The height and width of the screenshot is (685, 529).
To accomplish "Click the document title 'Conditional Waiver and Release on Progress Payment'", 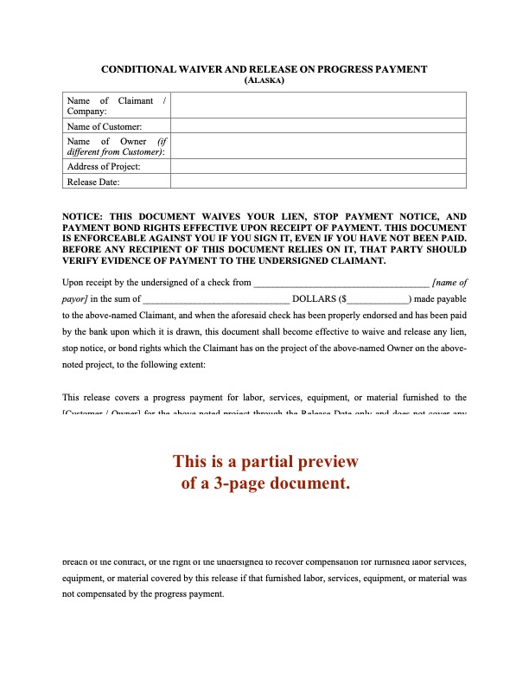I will click(264, 68).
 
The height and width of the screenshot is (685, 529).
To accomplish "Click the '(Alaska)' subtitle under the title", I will click(264, 80).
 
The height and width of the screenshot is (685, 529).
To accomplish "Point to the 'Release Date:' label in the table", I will click(93, 182).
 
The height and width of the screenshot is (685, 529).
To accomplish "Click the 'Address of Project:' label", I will click(104, 166).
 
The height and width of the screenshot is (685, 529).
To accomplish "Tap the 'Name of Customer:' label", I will click(105, 126).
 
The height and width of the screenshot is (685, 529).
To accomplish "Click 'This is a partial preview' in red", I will click(265, 461).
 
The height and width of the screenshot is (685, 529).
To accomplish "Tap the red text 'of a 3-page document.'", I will click(265, 483).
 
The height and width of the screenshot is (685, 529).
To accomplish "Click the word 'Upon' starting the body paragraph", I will click(75, 282).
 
